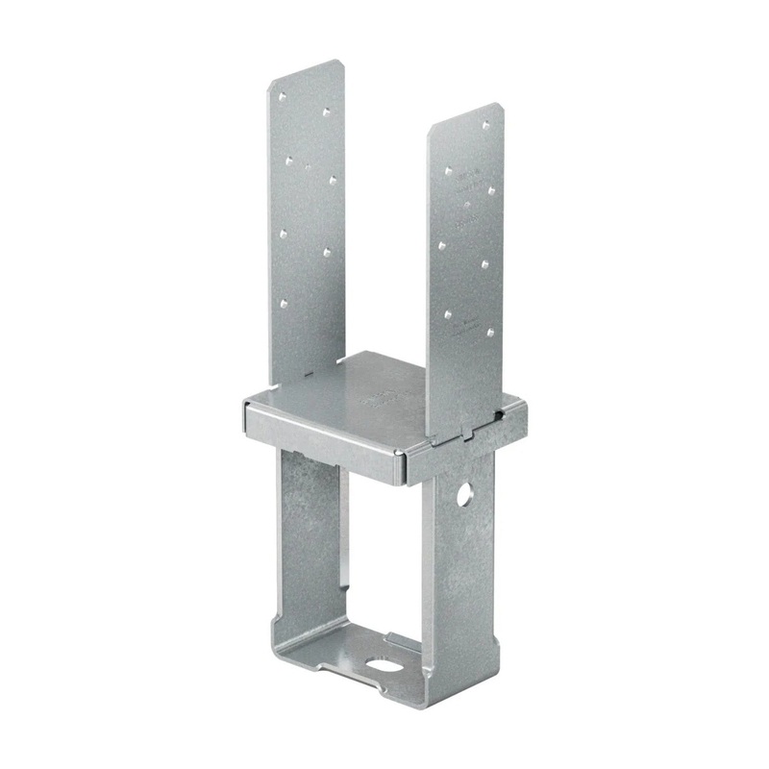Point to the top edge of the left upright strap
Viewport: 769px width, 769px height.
pyautogui.click(x=304, y=71)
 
